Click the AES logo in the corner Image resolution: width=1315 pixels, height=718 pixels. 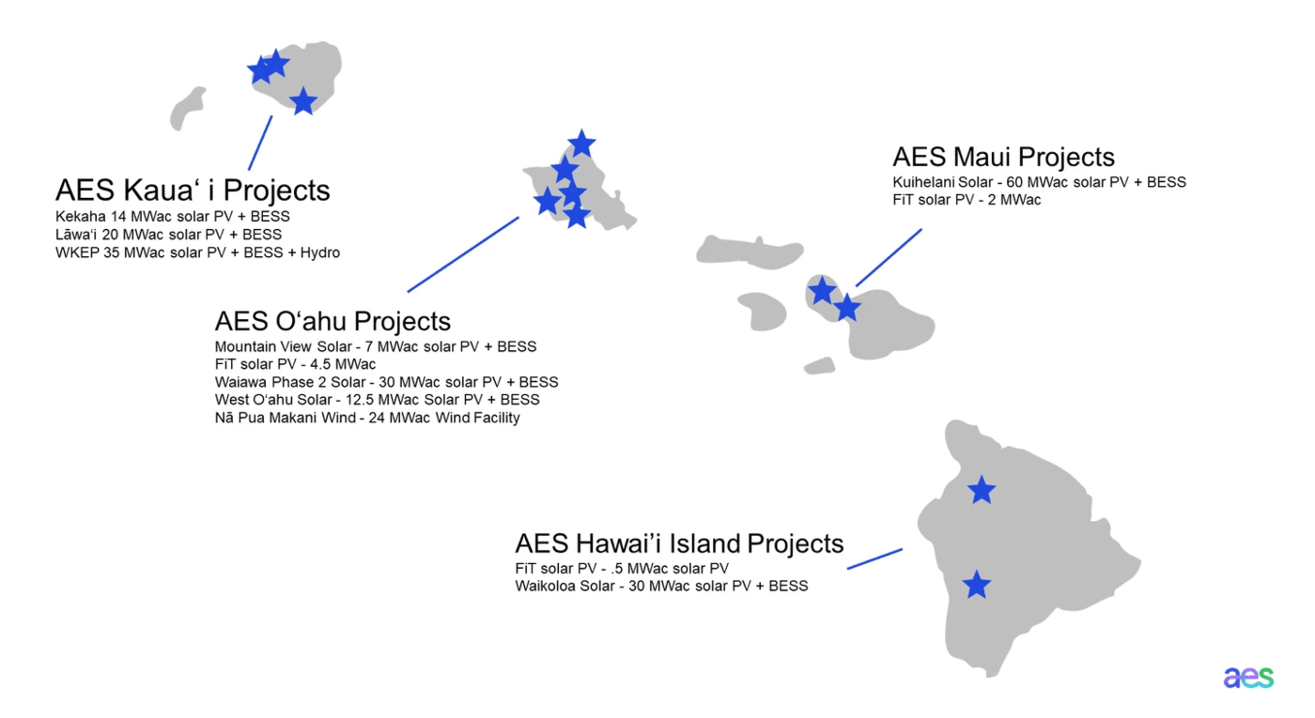1248,678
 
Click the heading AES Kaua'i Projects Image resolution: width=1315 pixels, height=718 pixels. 193,191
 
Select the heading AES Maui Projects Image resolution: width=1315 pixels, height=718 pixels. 1003,157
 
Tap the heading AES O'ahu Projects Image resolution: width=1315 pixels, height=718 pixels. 333,321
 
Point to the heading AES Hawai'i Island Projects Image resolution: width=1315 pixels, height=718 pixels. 679,543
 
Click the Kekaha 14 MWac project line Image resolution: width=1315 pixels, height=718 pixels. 172,217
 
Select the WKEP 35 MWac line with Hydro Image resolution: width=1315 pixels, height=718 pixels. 197,252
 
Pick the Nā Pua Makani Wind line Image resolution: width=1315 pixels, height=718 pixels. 366,418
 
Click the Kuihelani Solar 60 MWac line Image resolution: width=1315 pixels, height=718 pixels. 1039,182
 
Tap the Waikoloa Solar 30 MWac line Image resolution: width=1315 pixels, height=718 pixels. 661,587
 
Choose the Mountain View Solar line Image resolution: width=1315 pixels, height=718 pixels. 375,346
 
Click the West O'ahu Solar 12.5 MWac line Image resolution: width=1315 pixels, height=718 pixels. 377,400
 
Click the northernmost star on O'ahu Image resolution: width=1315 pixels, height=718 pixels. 581,144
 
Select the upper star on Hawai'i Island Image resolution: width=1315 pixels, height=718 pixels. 982,490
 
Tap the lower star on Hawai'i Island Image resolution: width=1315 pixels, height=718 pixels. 977,585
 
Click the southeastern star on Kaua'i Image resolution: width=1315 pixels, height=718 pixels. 302,101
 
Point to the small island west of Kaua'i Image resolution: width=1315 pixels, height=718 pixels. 187,108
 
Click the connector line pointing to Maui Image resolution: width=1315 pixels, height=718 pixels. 889,257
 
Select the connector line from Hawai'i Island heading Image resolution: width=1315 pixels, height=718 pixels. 874,558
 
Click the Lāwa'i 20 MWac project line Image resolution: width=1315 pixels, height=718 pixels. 168,235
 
